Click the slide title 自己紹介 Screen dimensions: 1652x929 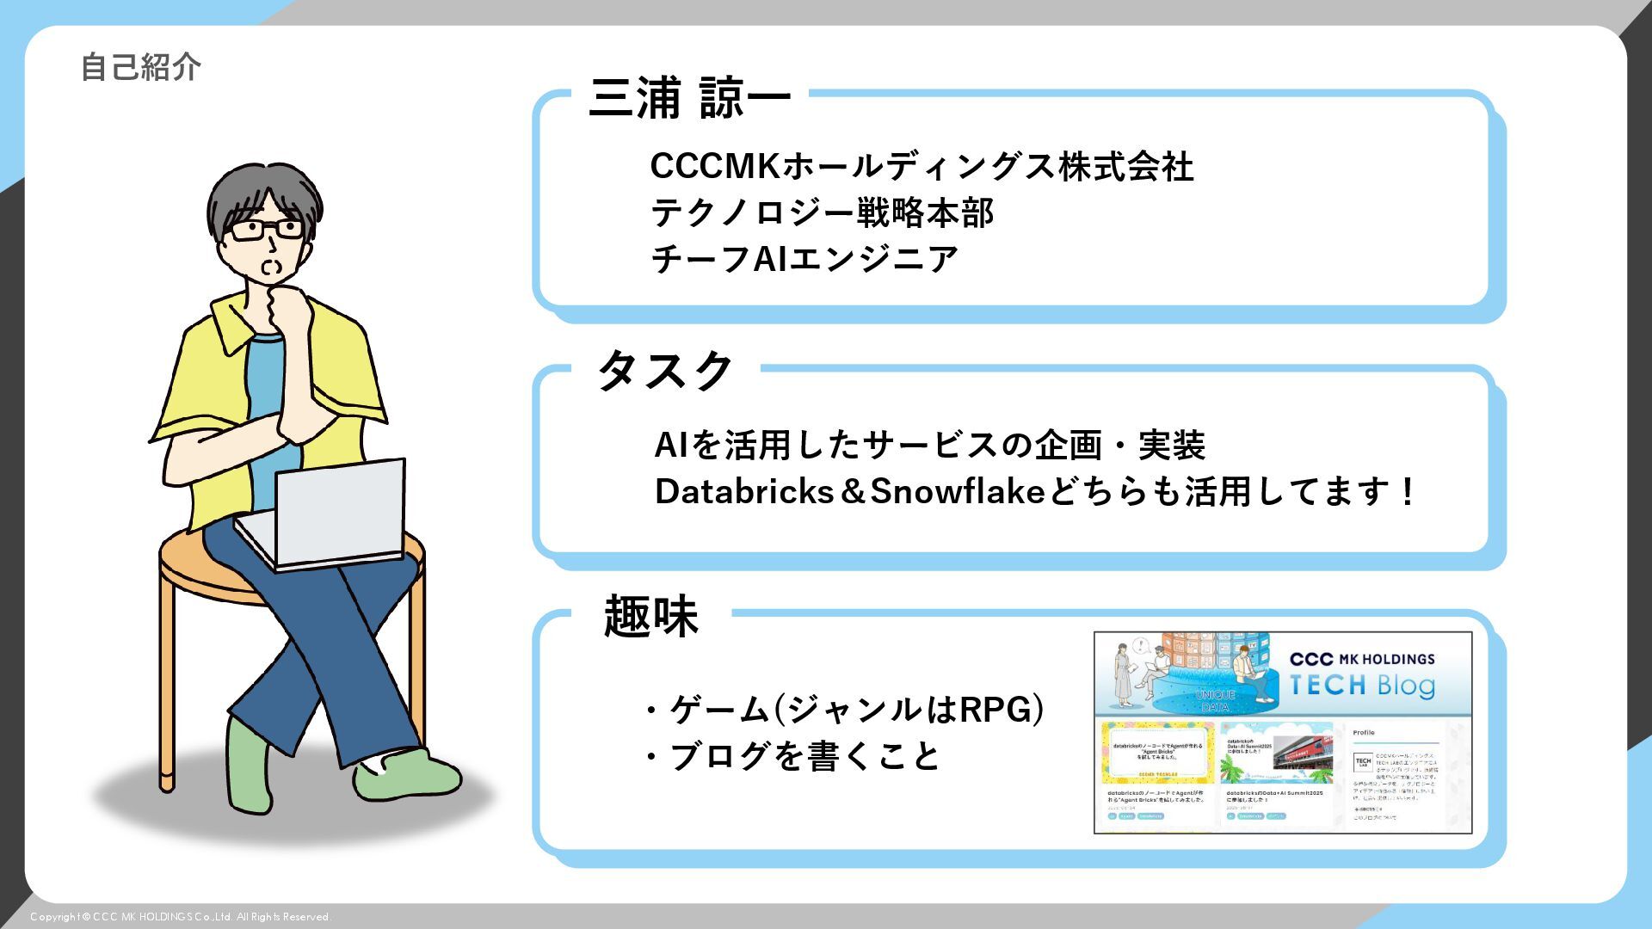(141, 67)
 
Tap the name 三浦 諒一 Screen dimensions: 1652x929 (689, 98)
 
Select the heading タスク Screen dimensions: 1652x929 (664, 372)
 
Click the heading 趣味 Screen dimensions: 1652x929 (650, 616)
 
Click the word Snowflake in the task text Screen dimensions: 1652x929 (957, 491)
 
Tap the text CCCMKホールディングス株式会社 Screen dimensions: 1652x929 (922, 166)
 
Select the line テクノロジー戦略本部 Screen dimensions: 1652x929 (822, 212)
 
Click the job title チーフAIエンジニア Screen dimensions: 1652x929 (804, 259)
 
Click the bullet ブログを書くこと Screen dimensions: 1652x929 (804, 756)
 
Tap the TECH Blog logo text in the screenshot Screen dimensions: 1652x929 (1362, 686)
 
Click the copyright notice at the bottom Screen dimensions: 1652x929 (181, 917)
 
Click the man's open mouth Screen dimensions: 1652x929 (271, 267)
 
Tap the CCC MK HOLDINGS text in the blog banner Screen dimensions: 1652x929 (1362, 659)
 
